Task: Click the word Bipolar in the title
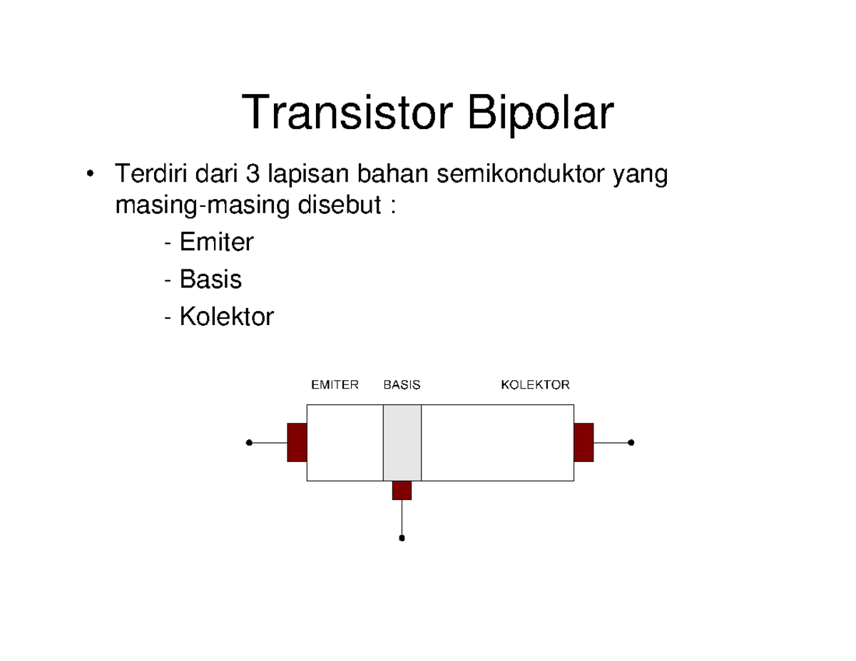(x=541, y=113)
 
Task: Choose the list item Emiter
(x=216, y=243)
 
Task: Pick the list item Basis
(x=210, y=280)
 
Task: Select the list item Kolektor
(x=226, y=317)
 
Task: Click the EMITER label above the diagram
(x=335, y=385)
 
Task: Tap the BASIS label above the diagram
(x=402, y=385)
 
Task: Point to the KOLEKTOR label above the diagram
(x=536, y=385)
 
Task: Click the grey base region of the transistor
(x=402, y=442)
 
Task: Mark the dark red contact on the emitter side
(x=297, y=442)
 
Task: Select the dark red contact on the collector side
(x=584, y=442)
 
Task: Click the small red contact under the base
(x=402, y=490)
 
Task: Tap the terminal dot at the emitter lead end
(x=249, y=443)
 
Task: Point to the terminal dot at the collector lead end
(x=631, y=443)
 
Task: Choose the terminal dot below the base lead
(x=402, y=538)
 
